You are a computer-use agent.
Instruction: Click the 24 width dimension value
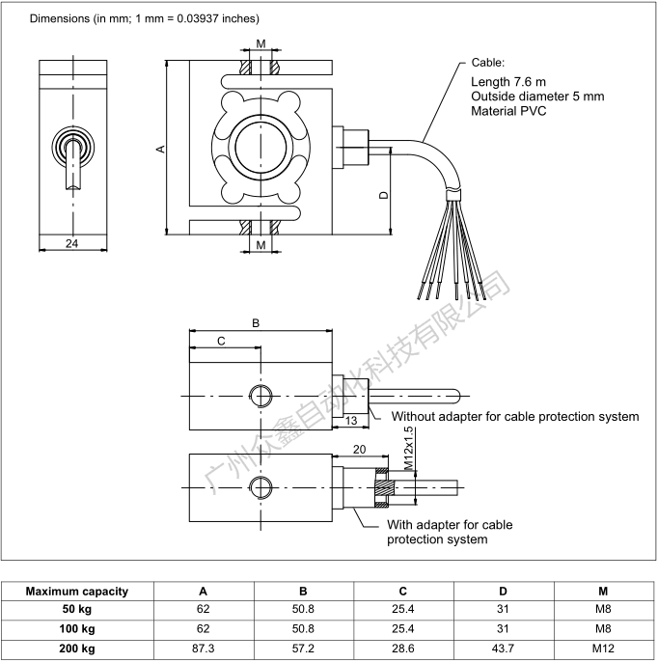click(71, 244)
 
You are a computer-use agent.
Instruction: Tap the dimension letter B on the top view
click(256, 323)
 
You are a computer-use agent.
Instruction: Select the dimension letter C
click(221, 341)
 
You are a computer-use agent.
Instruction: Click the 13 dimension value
click(350, 420)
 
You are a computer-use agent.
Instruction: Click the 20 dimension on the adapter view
click(359, 450)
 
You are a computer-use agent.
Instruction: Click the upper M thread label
click(261, 45)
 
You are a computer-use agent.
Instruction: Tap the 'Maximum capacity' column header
click(76, 592)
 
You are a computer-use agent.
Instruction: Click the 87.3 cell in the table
click(203, 649)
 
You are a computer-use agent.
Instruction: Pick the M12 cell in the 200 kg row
click(603, 649)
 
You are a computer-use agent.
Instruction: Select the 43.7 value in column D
click(503, 649)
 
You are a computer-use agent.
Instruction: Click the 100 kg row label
click(76, 629)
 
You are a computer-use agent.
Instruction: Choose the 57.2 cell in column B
click(303, 649)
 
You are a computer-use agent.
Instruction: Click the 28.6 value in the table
click(403, 649)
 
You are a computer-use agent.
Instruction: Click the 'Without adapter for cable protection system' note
click(514, 417)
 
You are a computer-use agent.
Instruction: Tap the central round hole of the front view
click(260, 148)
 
